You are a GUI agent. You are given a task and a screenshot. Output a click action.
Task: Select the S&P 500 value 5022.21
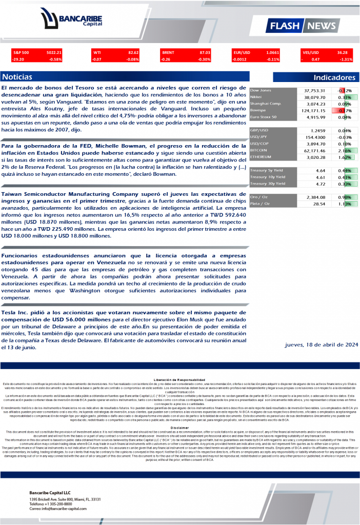pyautogui.click(x=54, y=52)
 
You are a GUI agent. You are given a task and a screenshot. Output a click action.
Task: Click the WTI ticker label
pyautogui.click(x=97, y=52)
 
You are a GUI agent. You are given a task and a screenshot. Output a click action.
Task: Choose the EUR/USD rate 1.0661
pyautogui.click(x=273, y=52)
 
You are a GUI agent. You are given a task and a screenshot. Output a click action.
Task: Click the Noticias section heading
pyautogui.click(x=17, y=77)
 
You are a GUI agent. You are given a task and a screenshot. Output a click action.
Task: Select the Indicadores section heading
pyautogui.click(x=334, y=77)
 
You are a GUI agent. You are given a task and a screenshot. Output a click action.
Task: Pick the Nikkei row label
pyautogui.click(x=256, y=96)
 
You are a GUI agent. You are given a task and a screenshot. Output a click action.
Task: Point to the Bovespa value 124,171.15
pyautogui.click(x=308, y=110)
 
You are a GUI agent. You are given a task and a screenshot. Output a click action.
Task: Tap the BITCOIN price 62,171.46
pyautogui.click(x=311, y=150)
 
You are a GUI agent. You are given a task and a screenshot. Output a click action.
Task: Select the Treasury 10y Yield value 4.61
pyautogui.click(x=320, y=177)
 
